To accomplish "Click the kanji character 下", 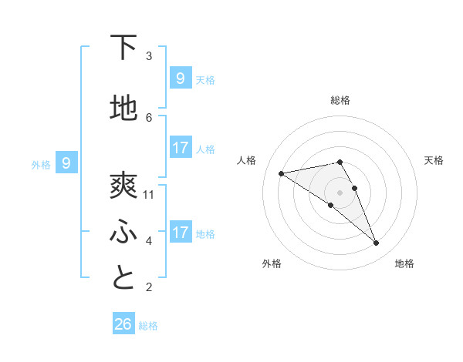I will (x=123, y=48).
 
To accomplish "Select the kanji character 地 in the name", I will (x=123, y=109).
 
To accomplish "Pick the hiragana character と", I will (x=123, y=278).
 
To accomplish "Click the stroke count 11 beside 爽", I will (x=149, y=195).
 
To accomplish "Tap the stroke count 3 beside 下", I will (x=149, y=56).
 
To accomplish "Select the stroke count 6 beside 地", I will (x=149, y=118).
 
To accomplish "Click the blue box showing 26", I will (x=123, y=324).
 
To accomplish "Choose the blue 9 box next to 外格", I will (x=66, y=163).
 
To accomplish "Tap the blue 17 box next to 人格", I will (x=181, y=147).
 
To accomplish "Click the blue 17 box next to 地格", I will (x=181, y=232).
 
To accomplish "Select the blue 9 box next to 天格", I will (x=181, y=78).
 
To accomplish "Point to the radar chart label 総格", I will (x=340, y=100).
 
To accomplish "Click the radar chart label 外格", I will (x=272, y=263).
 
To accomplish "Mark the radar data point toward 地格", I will (x=377, y=243).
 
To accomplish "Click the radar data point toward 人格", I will (x=282, y=173).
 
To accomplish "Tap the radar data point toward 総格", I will (x=340, y=162).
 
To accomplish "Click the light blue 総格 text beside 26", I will (x=148, y=326).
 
